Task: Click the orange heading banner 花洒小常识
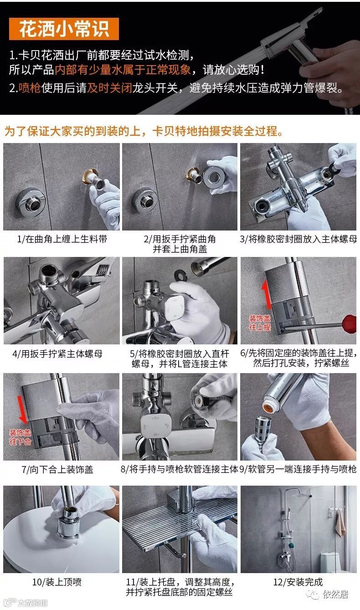(64, 29)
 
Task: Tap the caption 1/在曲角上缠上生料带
(62, 239)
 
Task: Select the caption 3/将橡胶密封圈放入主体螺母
(298, 239)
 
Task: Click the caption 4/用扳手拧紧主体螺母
(57, 354)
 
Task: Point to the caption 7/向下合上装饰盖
(57, 469)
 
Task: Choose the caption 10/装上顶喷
(57, 582)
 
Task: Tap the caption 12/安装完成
(298, 582)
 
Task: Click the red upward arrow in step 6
(267, 295)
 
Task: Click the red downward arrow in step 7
(22, 410)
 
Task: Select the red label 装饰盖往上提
(260, 323)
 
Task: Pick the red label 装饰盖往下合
(20, 437)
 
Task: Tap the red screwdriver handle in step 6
(350, 323)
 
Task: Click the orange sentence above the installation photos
(144, 131)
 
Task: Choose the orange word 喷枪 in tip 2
(30, 88)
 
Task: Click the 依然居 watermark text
(336, 594)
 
